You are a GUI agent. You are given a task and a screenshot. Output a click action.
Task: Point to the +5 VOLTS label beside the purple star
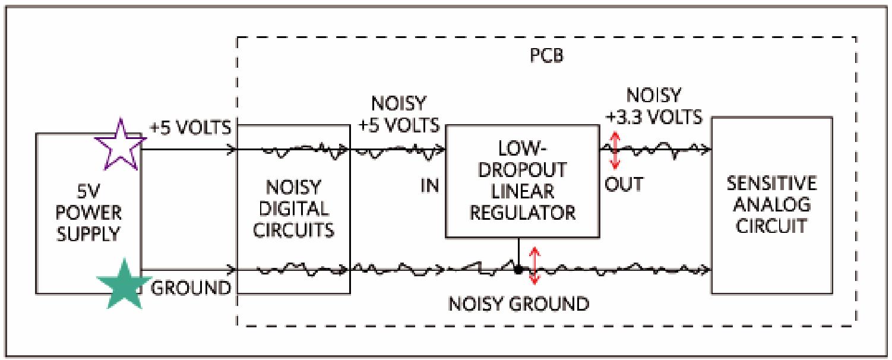pos(189,128)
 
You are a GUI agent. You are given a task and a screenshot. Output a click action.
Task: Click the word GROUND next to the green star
pos(191,288)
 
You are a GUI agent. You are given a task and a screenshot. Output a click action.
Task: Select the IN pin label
pos(431,184)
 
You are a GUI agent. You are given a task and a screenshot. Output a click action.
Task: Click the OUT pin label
pos(624,184)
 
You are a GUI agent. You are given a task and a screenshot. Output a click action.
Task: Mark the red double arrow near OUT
pos(615,150)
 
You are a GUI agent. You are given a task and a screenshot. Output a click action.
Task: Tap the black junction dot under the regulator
pos(518,270)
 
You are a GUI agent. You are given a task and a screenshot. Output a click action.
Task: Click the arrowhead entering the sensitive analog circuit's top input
pos(706,150)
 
